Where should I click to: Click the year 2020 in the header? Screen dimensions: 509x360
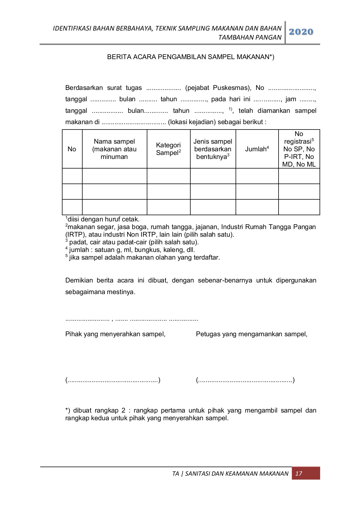[301, 32]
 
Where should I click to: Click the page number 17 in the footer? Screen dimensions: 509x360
[299, 473]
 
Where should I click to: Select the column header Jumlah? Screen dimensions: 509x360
[257, 149]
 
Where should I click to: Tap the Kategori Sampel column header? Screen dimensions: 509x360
[168, 149]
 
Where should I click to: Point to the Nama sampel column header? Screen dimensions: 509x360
[114, 149]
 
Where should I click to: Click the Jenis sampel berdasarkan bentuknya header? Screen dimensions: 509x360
[213, 149]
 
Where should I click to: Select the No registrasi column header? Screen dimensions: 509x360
[299, 149]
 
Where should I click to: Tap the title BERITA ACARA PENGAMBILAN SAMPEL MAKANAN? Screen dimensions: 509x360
[191, 57]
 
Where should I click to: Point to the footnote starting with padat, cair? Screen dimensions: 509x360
[132, 242]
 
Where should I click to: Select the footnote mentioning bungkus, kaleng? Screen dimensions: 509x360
[130, 250]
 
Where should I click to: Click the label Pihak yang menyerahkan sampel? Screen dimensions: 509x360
[115, 334]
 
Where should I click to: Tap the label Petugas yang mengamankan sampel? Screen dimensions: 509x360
[251, 334]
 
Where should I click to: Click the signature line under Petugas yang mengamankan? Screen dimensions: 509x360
[245, 380]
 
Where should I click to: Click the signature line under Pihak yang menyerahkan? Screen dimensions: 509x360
[113, 380]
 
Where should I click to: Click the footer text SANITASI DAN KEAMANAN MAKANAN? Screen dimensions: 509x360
[237, 474]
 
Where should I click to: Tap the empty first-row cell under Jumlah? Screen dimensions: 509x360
[257, 176]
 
